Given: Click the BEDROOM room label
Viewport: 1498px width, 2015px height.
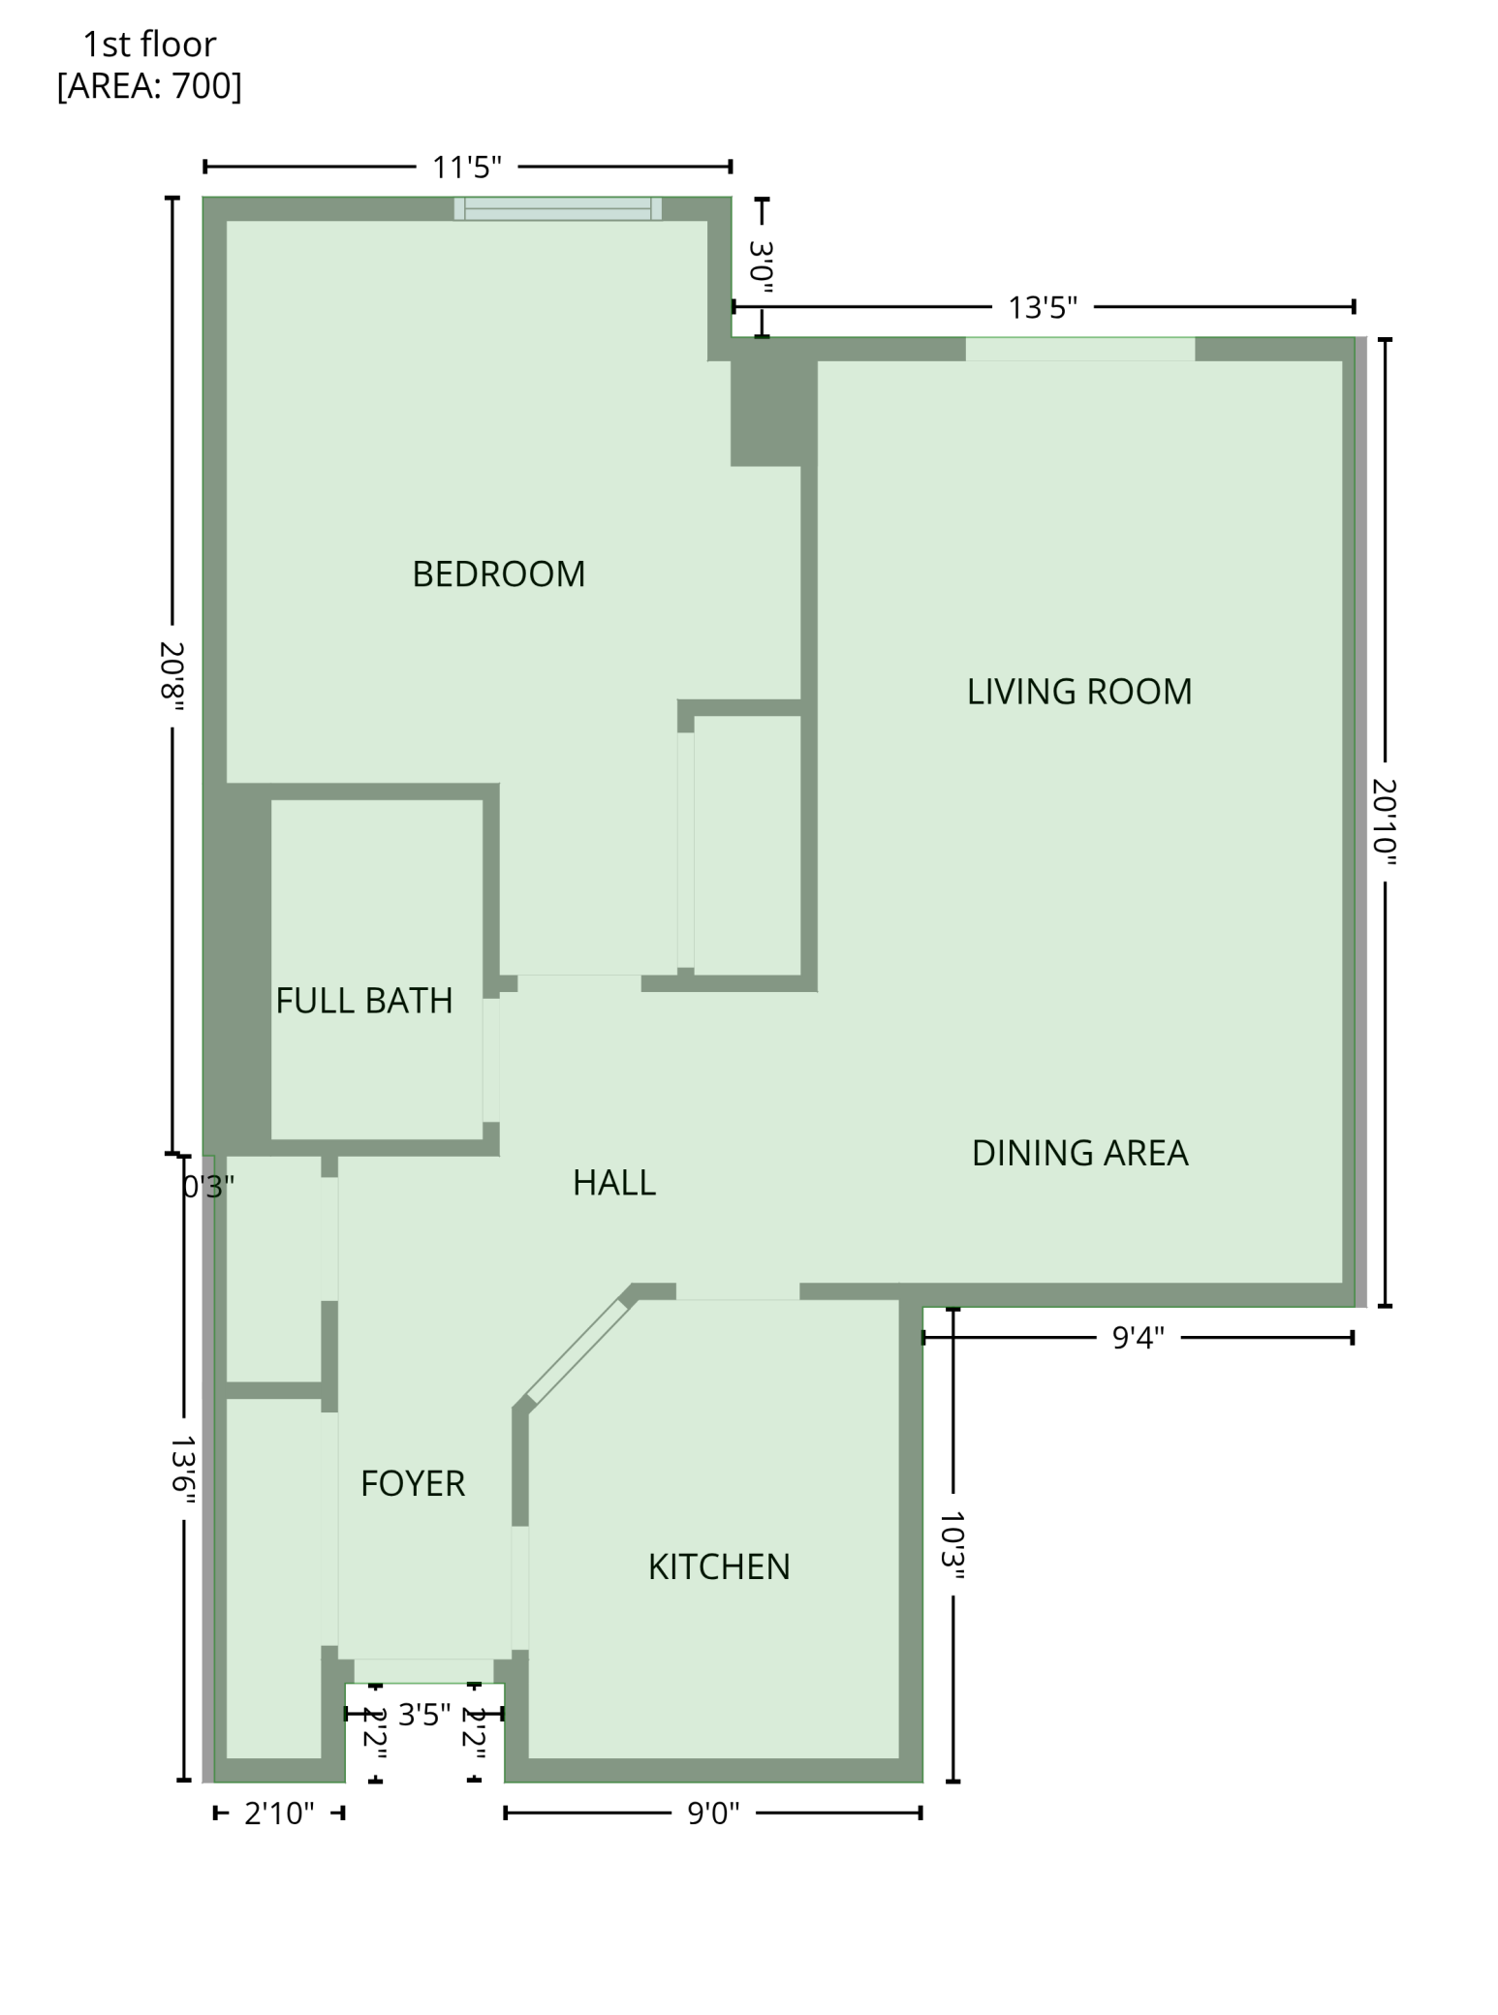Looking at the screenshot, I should (x=498, y=573).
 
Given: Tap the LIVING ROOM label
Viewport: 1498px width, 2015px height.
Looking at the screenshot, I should (x=1078, y=691).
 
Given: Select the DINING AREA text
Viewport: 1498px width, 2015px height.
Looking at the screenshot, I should (x=1079, y=1152).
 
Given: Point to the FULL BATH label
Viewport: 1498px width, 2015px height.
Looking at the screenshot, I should (x=363, y=1000).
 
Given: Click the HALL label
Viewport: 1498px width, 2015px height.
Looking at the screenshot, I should (x=613, y=1182).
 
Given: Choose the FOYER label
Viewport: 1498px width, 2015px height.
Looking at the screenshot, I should (x=412, y=1483).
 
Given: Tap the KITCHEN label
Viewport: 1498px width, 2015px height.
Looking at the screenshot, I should (x=718, y=1566).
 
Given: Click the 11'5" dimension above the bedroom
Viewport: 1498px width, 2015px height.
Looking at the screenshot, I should (x=466, y=167).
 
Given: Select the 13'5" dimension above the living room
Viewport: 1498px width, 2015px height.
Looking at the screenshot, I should (x=1042, y=307).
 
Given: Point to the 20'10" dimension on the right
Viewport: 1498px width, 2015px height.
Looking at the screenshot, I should (x=1386, y=822).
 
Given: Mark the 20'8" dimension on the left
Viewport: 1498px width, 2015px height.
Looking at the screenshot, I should (x=172, y=675).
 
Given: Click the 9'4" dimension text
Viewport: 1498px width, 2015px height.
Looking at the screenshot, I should (x=1138, y=1338).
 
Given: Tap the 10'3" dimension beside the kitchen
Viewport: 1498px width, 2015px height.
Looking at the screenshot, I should (x=953, y=1545).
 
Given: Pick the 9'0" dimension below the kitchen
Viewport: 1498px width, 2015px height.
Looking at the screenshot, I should (x=712, y=1813).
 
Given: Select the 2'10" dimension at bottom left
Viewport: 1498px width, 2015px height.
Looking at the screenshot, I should (x=279, y=1813).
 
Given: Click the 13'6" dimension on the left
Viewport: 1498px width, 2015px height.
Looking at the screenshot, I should (x=183, y=1470).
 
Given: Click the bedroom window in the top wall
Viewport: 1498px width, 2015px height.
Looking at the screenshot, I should (x=557, y=208).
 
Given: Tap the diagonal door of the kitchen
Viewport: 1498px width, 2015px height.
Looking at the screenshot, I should (x=577, y=1350).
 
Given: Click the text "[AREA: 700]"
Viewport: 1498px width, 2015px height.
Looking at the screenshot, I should (x=149, y=86).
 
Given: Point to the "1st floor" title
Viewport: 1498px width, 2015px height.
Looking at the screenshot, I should (x=149, y=44).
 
